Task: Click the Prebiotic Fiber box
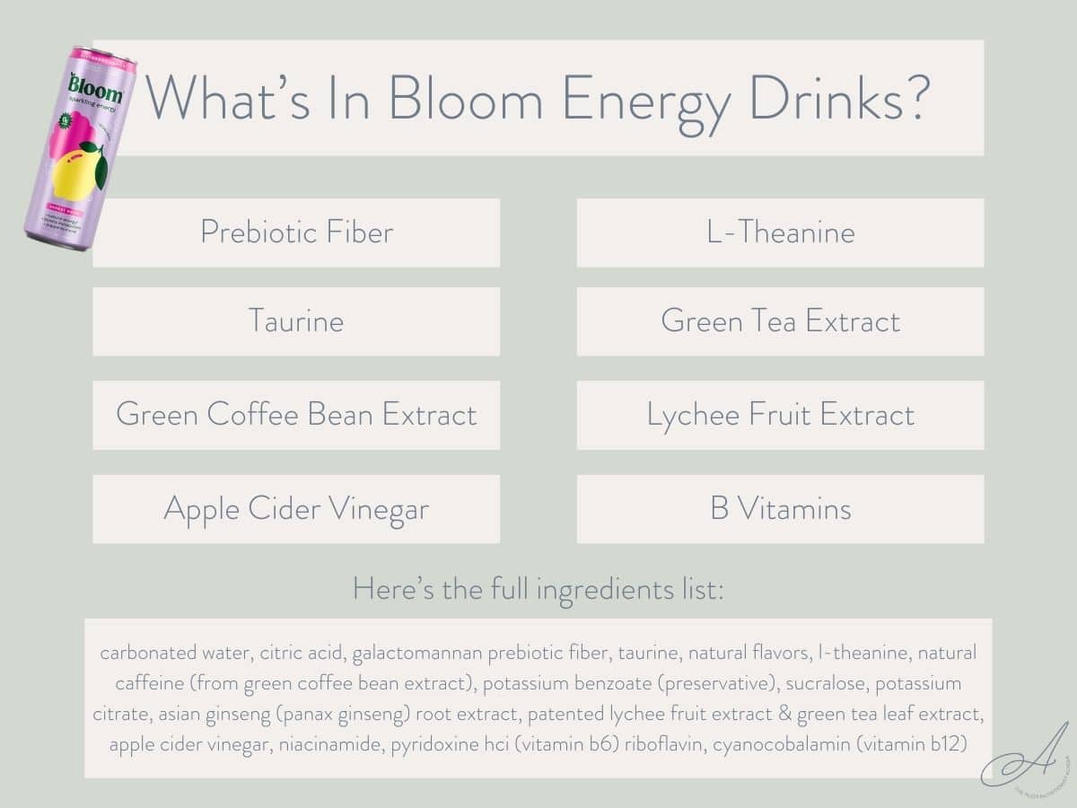(x=296, y=233)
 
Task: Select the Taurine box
(x=296, y=321)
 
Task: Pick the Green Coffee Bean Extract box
(x=296, y=415)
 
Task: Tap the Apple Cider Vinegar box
(x=296, y=509)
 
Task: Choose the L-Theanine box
(x=780, y=233)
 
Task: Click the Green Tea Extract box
(x=780, y=321)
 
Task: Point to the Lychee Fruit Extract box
(x=780, y=415)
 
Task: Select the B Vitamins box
(x=780, y=509)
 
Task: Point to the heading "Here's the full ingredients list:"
(x=538, y=590)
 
